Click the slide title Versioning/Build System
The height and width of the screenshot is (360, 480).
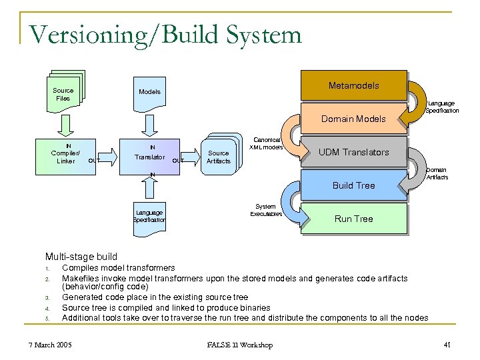[165, 35]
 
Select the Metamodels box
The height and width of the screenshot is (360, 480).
[353, 85]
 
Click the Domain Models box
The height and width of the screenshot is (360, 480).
[353, 119]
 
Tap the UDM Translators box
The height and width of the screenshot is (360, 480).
[353, 152]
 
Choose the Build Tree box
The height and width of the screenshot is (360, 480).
[353, 185]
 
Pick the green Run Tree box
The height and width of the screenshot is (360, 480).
[353, 219]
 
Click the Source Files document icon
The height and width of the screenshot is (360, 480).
[64, 94]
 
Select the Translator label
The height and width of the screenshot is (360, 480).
[149, 157]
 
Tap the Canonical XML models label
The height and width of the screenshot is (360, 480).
[266, 143]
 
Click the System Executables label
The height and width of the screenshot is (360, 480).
[266, 210]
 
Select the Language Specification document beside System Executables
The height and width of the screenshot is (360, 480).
[149, 215]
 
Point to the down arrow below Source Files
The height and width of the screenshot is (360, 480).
[65, 124]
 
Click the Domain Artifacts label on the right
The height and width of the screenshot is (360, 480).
[437, 173]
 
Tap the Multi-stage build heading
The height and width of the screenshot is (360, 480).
[81, 257]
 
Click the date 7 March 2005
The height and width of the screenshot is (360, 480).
[50, 345]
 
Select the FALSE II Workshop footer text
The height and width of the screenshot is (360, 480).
[239, 345]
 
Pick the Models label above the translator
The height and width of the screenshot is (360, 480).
[149, 91]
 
